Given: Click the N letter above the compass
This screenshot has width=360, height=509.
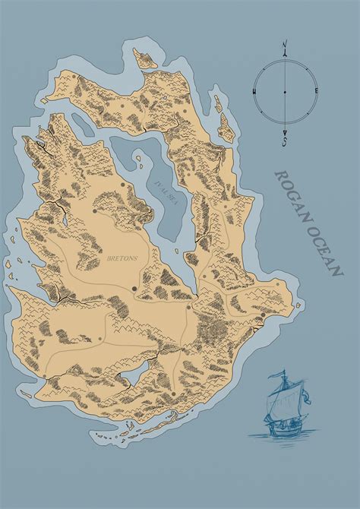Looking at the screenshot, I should [284, 46].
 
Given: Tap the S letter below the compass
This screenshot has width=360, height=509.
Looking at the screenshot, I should [284, 141].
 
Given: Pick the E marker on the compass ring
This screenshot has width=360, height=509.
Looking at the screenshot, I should [315, 92].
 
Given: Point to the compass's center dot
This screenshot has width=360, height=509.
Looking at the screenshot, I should [284, 92].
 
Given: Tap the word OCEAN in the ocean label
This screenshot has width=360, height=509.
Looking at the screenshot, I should [327, 251].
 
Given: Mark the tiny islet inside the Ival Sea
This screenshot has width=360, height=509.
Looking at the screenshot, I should [138, 160].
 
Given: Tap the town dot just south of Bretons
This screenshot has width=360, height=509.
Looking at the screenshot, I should [134, 288].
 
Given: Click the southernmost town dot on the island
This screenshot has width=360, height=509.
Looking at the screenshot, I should [174, 394].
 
